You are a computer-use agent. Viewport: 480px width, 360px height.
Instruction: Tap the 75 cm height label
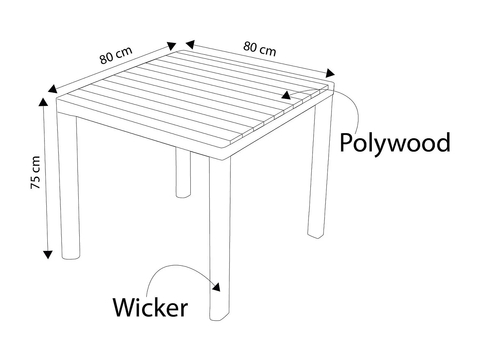[35, 172]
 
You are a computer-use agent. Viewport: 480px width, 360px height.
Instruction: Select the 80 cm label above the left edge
[116, 55]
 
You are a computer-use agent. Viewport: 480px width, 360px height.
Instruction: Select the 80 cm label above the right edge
[260, 49]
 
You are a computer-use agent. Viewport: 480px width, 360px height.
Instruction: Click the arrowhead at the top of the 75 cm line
[43, 102]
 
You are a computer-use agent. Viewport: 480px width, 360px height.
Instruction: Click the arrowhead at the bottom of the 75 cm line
[48, 255]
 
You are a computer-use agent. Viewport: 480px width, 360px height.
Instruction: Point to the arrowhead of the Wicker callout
[217, 287]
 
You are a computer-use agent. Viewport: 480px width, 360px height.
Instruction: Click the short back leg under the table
[183, 173]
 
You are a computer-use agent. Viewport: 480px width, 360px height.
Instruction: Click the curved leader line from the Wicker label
[175, 266]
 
